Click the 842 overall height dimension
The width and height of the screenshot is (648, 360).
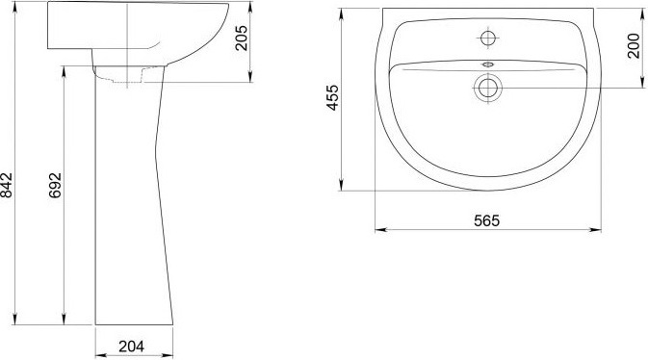coord(7,185)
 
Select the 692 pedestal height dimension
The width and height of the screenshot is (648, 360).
coord(55,185)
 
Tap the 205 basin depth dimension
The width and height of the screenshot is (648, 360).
coord(242,39)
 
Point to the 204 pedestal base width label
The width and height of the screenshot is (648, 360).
coord(131,347)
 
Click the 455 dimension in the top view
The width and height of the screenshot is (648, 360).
coord(332,97)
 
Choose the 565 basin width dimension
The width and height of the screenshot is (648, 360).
coord(487,220)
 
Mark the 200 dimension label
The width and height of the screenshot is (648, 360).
coord(634,45)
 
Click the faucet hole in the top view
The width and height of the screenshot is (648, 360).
coord(488,39)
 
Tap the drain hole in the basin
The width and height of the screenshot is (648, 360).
coord(487,88)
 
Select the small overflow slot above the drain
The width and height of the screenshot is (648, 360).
coord(487,64)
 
